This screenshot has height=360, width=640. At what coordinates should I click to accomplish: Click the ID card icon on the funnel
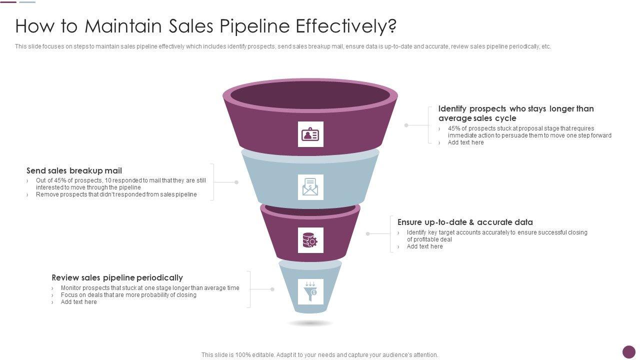310,134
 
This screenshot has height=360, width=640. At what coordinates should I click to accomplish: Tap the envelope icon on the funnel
310,187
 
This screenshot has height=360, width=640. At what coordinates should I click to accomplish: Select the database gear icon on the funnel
310,240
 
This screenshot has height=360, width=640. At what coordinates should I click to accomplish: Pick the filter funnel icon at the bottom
310,291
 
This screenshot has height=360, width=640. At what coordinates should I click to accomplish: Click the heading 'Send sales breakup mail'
74,170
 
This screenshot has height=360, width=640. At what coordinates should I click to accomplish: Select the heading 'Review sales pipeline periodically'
117,277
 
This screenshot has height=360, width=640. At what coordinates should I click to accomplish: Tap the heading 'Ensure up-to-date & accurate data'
465,222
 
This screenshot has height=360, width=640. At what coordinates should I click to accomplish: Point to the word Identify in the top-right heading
452,108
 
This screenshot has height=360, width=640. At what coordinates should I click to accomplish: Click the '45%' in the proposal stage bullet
454,128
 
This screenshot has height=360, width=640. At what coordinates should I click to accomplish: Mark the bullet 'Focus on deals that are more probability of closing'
128,295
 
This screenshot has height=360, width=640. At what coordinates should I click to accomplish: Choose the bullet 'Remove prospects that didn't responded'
116,194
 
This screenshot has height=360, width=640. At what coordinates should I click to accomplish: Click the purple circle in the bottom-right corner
628,352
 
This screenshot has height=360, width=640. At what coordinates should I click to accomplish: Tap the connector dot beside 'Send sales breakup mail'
236,182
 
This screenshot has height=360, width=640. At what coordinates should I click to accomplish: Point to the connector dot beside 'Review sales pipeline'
272,289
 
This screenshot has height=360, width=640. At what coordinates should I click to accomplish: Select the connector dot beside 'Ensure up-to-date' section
367,233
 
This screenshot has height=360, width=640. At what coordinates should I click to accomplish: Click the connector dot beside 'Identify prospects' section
406,125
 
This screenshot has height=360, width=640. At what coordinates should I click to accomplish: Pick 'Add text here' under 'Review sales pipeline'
78,302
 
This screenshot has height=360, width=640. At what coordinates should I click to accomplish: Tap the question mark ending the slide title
391,26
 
